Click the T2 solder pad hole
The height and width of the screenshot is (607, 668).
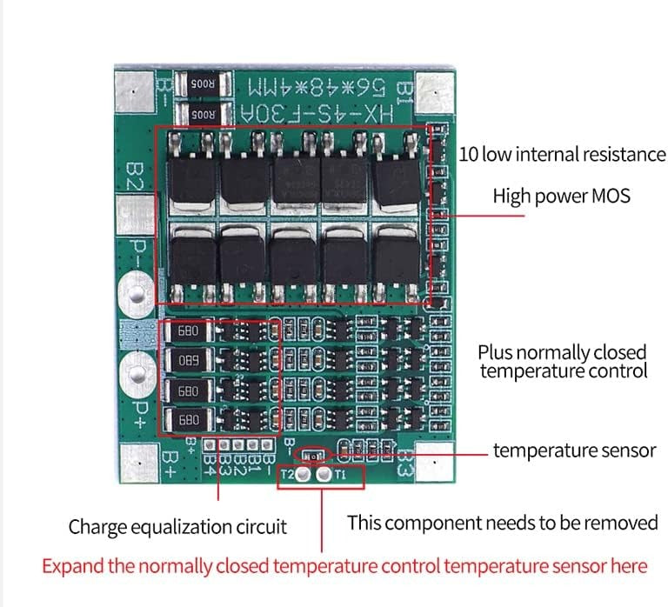(x=302, y=476)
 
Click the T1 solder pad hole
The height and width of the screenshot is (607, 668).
(x=324, y=476)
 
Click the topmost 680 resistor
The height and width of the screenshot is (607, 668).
(x=188, y=331)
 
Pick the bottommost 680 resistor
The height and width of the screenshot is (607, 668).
(x=188, y=420)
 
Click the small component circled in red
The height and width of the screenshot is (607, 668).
(x=311, y=454)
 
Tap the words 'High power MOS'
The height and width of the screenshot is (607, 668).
(x=561, y=196)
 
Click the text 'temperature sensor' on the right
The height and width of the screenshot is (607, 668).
(x=574, y=450)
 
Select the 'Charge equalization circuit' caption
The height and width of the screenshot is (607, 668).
(x=177, y=526)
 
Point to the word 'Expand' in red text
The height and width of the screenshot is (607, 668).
(x=70, y=566)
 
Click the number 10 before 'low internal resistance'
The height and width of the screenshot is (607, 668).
(x=468, y=154)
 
